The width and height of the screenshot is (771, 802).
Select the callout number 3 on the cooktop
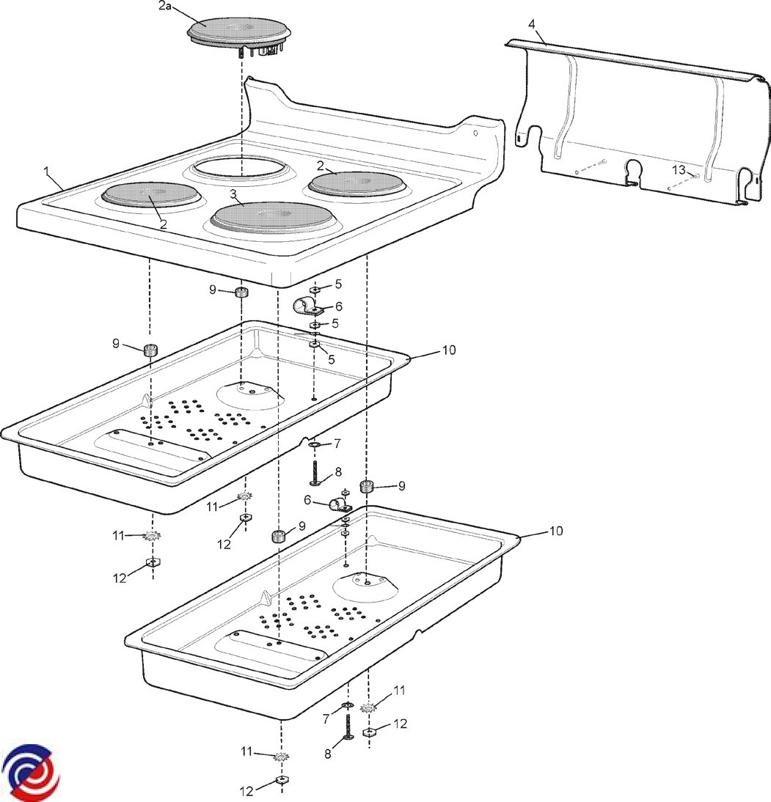[233, 194]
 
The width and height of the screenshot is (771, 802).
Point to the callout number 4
[531, 24]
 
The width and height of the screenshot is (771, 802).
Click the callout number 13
[679, 170]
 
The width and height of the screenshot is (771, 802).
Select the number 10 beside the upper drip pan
[448, 350]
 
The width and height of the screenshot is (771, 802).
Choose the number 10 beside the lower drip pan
[556, 530]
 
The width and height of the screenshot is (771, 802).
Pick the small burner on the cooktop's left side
[151, 195]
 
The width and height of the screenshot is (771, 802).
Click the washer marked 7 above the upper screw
[314, 444]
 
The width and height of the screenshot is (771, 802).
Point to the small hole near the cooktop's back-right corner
[475, 133]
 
